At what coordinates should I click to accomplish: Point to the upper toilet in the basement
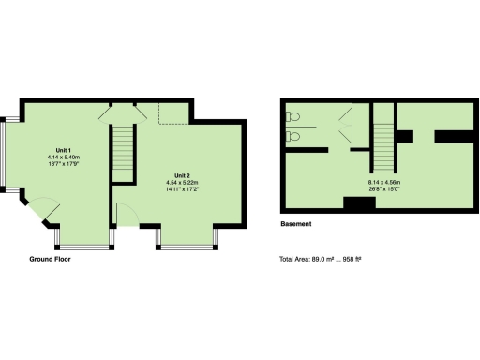pyautogui.click(x=294, y=117)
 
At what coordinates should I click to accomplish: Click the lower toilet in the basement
pyautogui.click(x=294, y=135)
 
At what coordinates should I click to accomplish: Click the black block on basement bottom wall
pyautogui.click(x=359, y=202)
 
